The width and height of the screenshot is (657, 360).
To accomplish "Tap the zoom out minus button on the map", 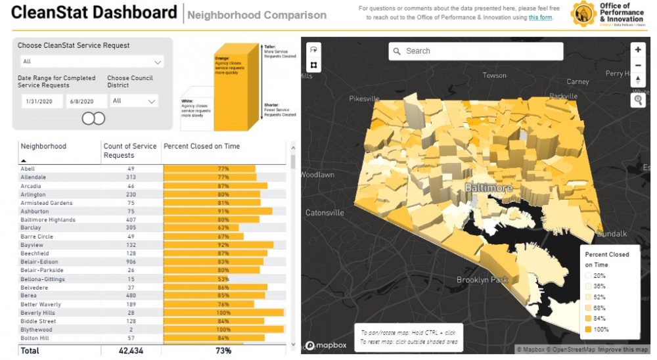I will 638,65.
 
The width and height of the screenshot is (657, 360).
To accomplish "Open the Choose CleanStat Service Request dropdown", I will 91,62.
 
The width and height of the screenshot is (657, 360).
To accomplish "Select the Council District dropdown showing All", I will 134,101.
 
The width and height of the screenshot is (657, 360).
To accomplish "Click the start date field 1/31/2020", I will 38,101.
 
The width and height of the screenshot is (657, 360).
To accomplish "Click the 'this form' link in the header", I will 541,18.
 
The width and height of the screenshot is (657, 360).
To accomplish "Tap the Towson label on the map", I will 495,76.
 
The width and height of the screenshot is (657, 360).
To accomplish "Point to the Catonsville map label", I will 325,213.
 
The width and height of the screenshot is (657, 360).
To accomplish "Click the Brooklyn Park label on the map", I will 483,280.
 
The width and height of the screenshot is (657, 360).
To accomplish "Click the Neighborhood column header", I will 43,146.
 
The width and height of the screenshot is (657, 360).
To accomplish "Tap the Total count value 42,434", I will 128,351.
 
